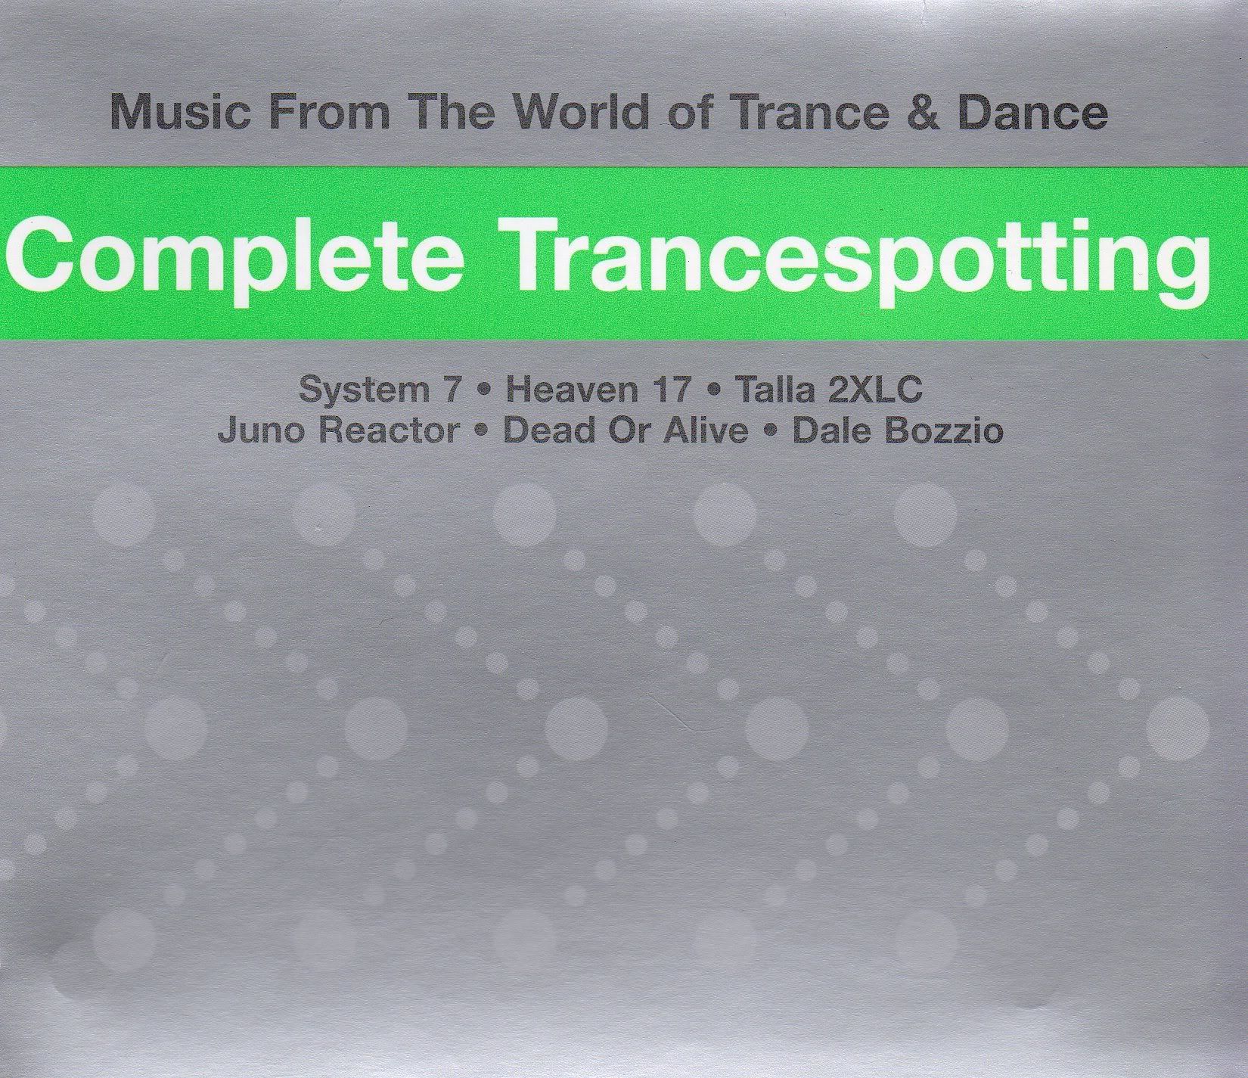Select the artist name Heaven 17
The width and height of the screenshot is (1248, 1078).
pyautogui.click(x=598, y=390)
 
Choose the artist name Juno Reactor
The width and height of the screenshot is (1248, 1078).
pyautogui.click(x=338, y=431)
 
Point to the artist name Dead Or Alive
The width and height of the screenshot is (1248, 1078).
pyautogui.click(x=626, y=431)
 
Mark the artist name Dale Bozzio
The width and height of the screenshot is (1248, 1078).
pyautogui.click(x=897, y=431)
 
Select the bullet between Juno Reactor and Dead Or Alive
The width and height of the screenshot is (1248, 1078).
pyautogui.click(x=481, y=432)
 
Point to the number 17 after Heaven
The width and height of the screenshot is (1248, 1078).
pyautogui.click(x=667, y=390)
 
